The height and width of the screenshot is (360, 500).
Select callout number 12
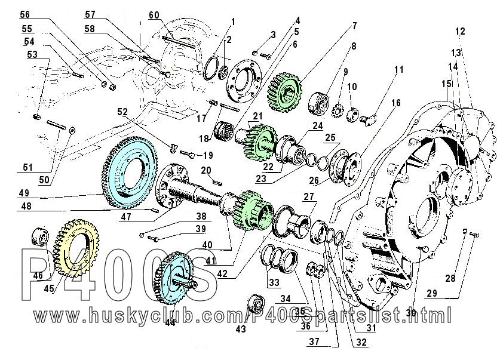coord(459,30)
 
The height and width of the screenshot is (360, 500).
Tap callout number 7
coord(354,25)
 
